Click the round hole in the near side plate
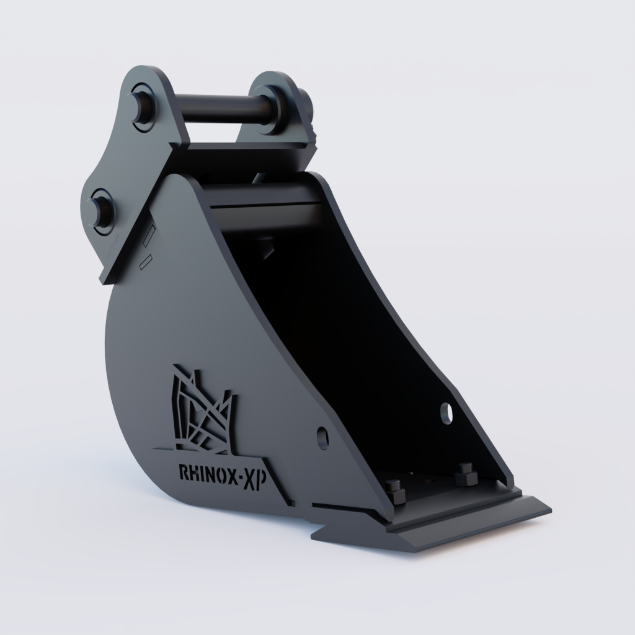pos(322,436)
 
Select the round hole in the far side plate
pos(446,412)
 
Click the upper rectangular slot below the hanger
pos(148,236)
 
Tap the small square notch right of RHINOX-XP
pos(291,503)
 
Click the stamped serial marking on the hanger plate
pos(112,249)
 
